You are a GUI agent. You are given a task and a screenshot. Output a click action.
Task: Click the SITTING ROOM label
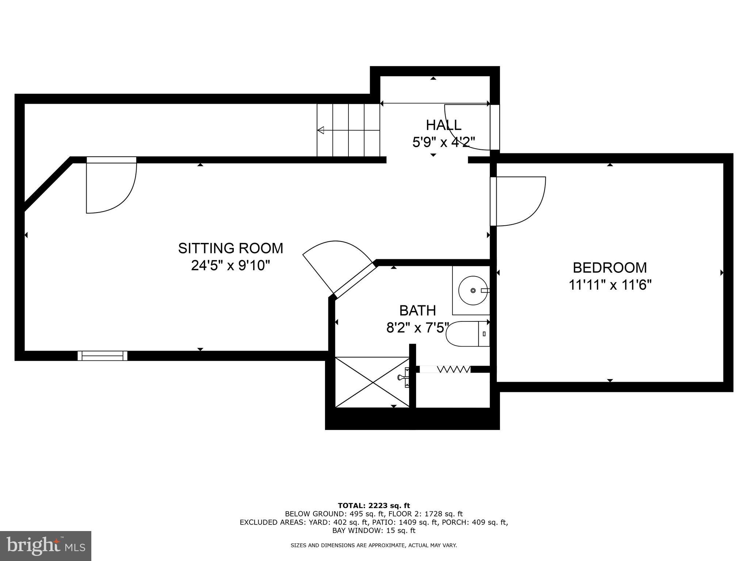(x=230, y=248)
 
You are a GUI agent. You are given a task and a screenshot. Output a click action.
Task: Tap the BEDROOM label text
(x=610, y=268)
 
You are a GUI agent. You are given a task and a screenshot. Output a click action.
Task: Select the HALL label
(x=443, y=125)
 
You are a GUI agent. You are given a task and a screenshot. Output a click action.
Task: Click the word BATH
(x=417, y=310)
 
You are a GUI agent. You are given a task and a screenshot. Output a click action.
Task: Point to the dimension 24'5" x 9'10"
(x=230, y=266)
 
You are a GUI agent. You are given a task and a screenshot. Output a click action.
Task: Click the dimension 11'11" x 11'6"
(x=610, y=285)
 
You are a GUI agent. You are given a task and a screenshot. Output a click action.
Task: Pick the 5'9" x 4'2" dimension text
(x=443, y=142)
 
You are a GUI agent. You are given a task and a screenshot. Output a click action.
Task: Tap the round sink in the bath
(x=473, y=290)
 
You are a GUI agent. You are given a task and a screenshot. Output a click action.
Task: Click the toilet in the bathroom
(x=468, y=334)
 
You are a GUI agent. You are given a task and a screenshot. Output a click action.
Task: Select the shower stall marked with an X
(x=372, y=382)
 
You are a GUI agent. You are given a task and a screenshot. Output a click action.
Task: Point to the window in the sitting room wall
(x=103, y=356)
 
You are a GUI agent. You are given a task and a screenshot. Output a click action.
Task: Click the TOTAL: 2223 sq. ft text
(x=374, y=506)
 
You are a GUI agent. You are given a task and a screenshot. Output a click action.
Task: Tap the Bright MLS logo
(x=46, y=546)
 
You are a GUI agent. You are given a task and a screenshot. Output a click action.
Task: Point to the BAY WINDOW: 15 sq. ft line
(x=374, y=530)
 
